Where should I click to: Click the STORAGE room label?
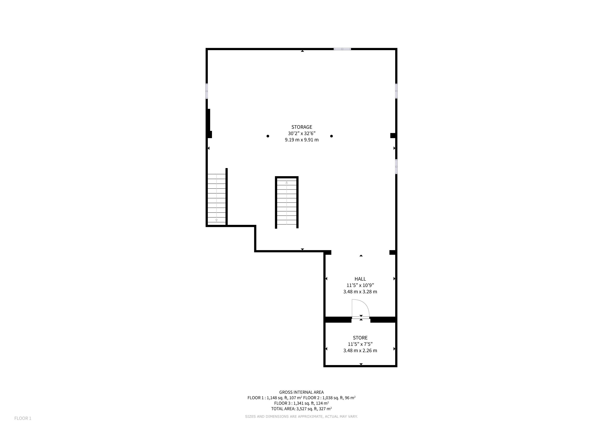pyautogui.click(x=301, y=127)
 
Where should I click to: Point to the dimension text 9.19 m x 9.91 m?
pyautogui.click(x=301, y=140)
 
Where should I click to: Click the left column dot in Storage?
pyautogui.click(x=268, y=136)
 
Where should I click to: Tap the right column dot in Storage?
pyautogui.click(x=331, y=136)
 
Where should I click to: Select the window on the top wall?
pyautogui.click(x=342, y=49)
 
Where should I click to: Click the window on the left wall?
pyautogui.click(x=207, y=91)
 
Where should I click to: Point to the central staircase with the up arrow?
pyautogui.click(x=287, y=202)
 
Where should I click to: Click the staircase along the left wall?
pyautogui.click(x=217, y=198)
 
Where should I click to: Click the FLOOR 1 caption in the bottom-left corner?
pyautogui.click(x=23, y=418)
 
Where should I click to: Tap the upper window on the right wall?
pyautogui.click(x=396, y=91)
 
